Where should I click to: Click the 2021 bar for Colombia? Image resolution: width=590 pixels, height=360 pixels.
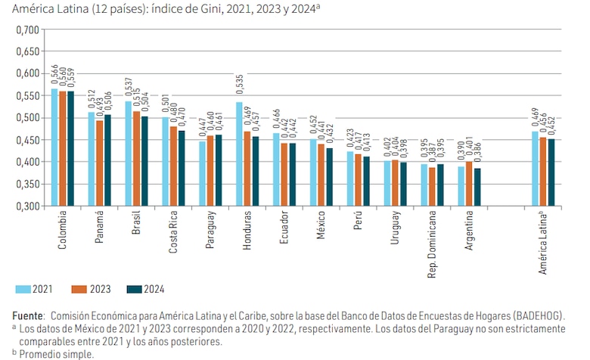pyautogui.click(x=54, y=147)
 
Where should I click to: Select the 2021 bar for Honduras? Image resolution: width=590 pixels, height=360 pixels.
pyautogui.click(x=239, y=154)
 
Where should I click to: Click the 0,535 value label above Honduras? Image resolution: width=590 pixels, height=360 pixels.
pyautogui.click(x=239, y=88)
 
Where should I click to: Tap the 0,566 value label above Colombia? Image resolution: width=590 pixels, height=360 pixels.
pyautogui.click(x=54, y=74)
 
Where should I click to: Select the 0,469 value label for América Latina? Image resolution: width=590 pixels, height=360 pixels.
pyautogui.click(x=536, y=117)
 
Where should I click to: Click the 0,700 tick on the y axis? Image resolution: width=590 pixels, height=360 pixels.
pyautogui.click(x=26, y=29)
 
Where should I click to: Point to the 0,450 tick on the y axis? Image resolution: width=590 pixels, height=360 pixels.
pyautogui.click(x=26, y=140)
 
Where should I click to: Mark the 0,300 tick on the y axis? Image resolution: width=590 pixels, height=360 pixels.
pyautogui.click(x=26, y=206)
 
